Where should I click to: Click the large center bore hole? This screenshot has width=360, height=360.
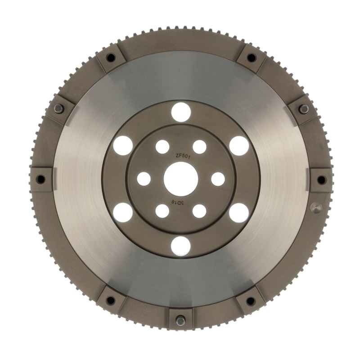point(180,179)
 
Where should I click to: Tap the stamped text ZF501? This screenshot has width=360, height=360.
point(181,156)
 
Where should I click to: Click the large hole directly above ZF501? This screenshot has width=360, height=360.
point(180,112)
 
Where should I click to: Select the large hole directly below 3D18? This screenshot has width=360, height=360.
point(180,246)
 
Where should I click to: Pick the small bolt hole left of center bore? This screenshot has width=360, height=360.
point(144,179)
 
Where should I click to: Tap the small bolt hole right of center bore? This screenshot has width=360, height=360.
point(218,179)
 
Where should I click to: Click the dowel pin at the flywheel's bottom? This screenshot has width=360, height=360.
point(180,320)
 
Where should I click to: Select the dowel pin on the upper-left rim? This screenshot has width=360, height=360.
point(58,108)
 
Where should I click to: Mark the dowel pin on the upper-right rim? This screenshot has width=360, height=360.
point(304,108)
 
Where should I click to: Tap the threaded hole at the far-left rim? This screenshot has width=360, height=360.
point(40,180)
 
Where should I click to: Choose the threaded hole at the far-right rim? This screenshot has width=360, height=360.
point(321,180)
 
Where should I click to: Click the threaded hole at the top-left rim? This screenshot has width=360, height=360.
point(110,58)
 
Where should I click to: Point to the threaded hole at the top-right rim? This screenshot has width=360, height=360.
point(251,58)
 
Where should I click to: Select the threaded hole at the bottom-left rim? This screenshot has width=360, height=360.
point(110,301)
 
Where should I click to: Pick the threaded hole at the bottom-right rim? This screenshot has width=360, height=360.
point(251,301)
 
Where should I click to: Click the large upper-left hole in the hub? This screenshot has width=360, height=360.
point(123,145)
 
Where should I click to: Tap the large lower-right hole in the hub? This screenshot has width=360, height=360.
point(238,212)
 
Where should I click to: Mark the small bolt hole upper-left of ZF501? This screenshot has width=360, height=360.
point(162,147)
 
